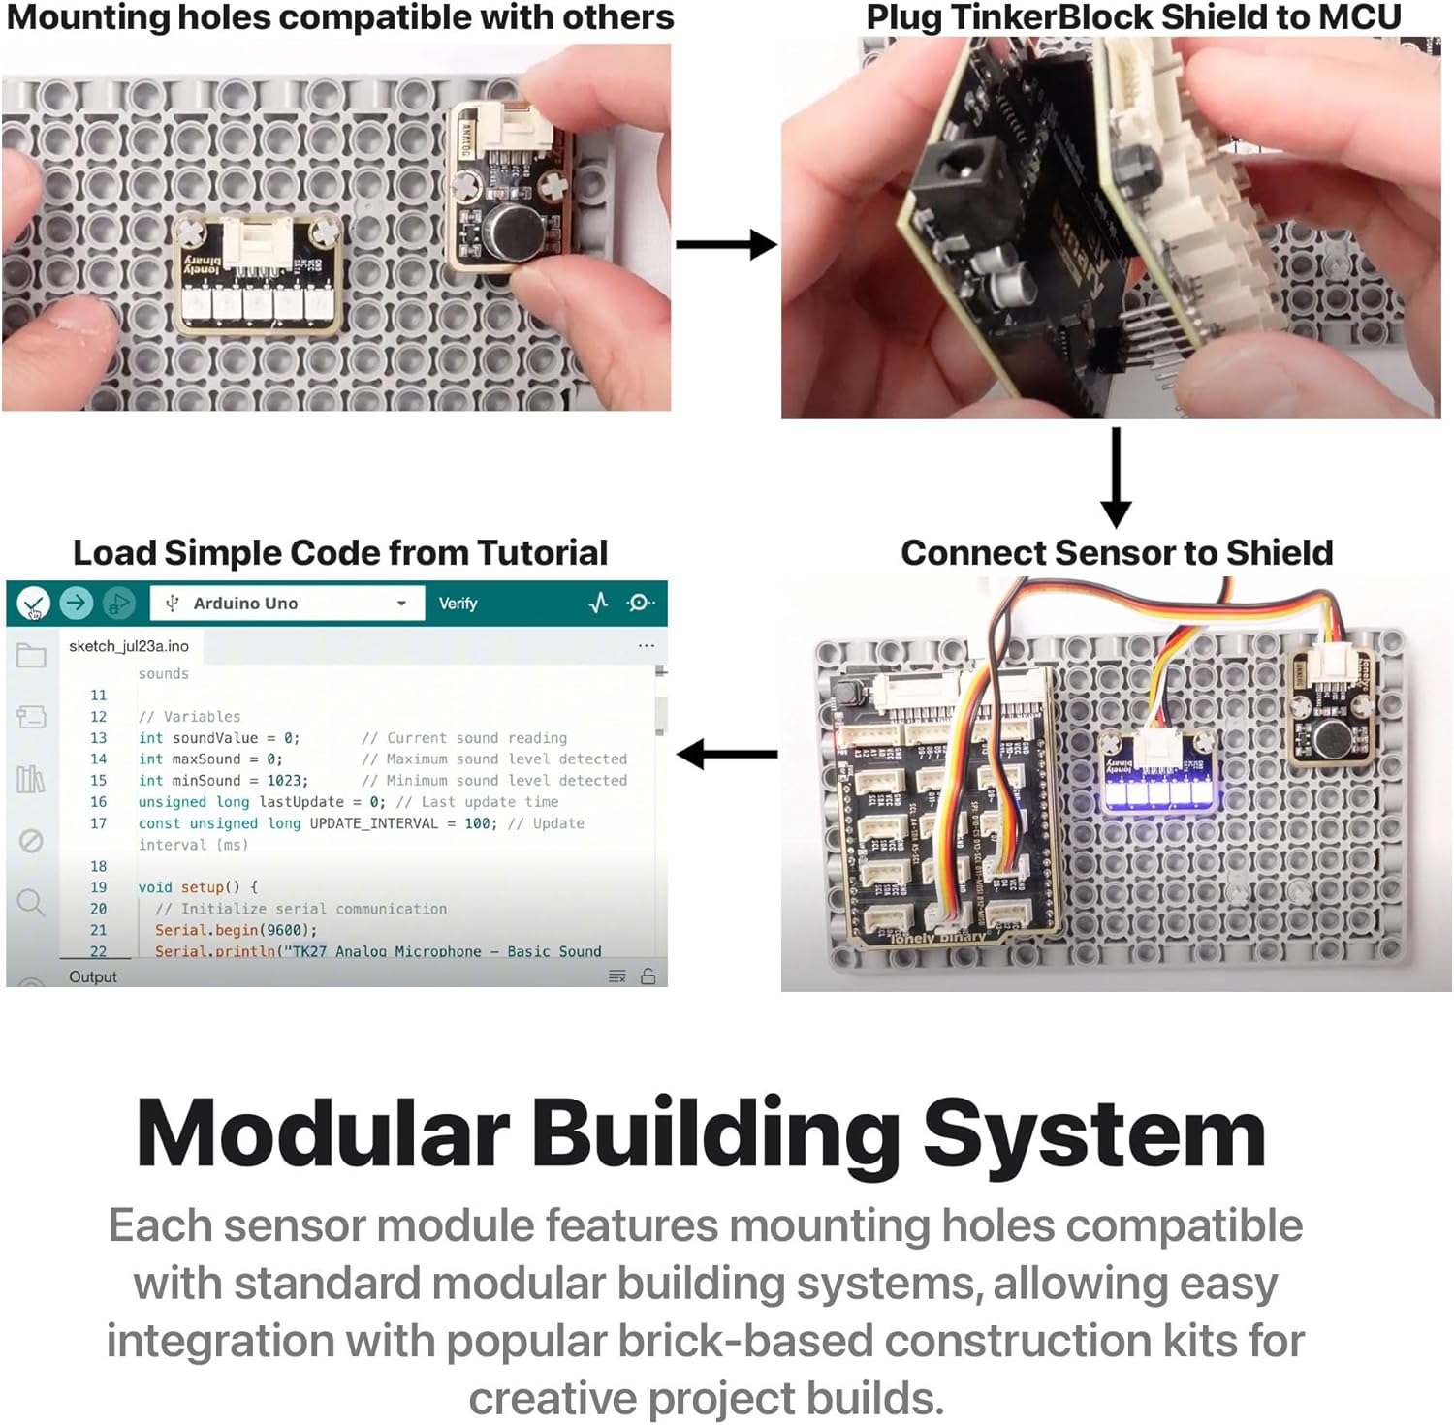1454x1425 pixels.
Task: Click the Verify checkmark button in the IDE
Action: pos(33,604)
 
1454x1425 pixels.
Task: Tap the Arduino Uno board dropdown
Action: pos(287,604)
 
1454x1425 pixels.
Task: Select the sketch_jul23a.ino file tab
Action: pos(129,646)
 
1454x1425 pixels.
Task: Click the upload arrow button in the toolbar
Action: pos(76,604)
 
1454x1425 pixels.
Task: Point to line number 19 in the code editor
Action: pos(99,887)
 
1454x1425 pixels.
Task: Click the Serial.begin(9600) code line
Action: pos(236,930)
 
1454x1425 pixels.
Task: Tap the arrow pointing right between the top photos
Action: pos(725,245)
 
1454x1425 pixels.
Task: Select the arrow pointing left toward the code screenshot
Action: pos(727,754)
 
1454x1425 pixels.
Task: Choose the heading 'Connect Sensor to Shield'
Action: pos(1117,553)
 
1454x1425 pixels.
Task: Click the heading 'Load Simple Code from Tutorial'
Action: pos(340,553)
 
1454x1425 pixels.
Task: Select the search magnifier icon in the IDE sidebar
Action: pos(31,903)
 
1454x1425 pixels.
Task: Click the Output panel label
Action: pos(93,977)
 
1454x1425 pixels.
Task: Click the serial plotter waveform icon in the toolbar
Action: pos(598,603)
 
